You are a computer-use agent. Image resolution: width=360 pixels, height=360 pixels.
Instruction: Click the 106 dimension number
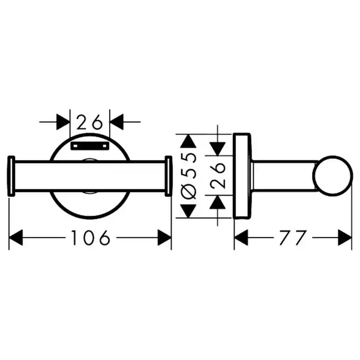click(x=91, y=238)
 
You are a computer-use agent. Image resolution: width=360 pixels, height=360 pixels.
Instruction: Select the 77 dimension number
click(x=293, y=238)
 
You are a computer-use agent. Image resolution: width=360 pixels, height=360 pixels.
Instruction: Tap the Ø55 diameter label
click(x=189, y=176)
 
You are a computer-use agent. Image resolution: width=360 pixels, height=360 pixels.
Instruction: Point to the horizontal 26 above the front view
click(x=89, y=122)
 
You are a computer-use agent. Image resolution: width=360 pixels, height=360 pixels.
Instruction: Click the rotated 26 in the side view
click(x=218, y=175)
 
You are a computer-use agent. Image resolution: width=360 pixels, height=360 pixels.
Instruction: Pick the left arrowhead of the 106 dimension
click(x=16, y=238)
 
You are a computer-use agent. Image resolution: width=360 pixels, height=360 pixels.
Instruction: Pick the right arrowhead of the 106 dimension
click(x=164, y=238)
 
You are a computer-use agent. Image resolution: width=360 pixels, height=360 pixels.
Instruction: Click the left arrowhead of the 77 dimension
click(x=241, y=238)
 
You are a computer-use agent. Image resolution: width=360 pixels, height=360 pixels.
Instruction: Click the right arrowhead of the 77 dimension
click(x=345, y=238)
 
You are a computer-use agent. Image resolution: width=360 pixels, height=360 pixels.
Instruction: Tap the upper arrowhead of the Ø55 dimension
click(x=188, y=141)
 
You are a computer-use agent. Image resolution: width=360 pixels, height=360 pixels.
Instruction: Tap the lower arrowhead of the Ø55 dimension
click(x=188, y=211)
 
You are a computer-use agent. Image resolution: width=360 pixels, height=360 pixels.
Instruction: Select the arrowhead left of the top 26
click(x=63, y=122)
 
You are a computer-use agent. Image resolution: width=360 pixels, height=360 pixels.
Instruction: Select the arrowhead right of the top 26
click(x=116, y=122)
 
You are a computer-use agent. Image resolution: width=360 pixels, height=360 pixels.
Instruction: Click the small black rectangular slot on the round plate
click(x=90, y=146)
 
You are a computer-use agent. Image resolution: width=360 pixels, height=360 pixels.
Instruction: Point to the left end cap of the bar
click(x=11, y=176)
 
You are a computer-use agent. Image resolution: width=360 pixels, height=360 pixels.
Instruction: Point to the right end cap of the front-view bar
click(x=169, y=176)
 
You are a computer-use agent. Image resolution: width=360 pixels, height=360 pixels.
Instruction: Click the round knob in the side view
click(x=333, y=176)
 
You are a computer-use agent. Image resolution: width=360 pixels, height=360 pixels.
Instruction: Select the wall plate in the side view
click(x=242, y=176)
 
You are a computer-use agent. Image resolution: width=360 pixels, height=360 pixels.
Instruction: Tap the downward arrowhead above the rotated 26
click(x=217, y=149)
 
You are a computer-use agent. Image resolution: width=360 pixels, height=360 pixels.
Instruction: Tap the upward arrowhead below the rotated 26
click(x=217, y=202)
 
